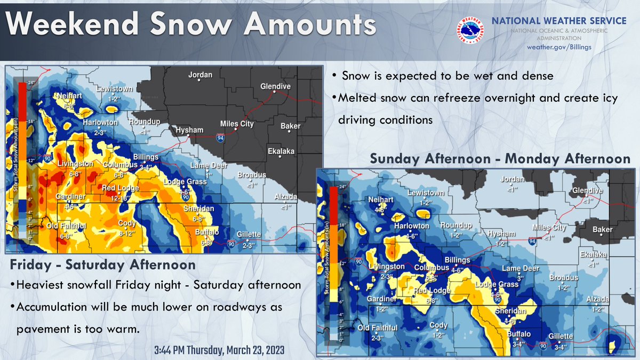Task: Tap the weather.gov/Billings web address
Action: [x=558, y=47]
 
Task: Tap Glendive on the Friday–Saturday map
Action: [x=275, y=86]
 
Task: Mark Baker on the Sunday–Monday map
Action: [x=603, y=230]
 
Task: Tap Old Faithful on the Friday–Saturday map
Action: [x=66, y=227]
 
